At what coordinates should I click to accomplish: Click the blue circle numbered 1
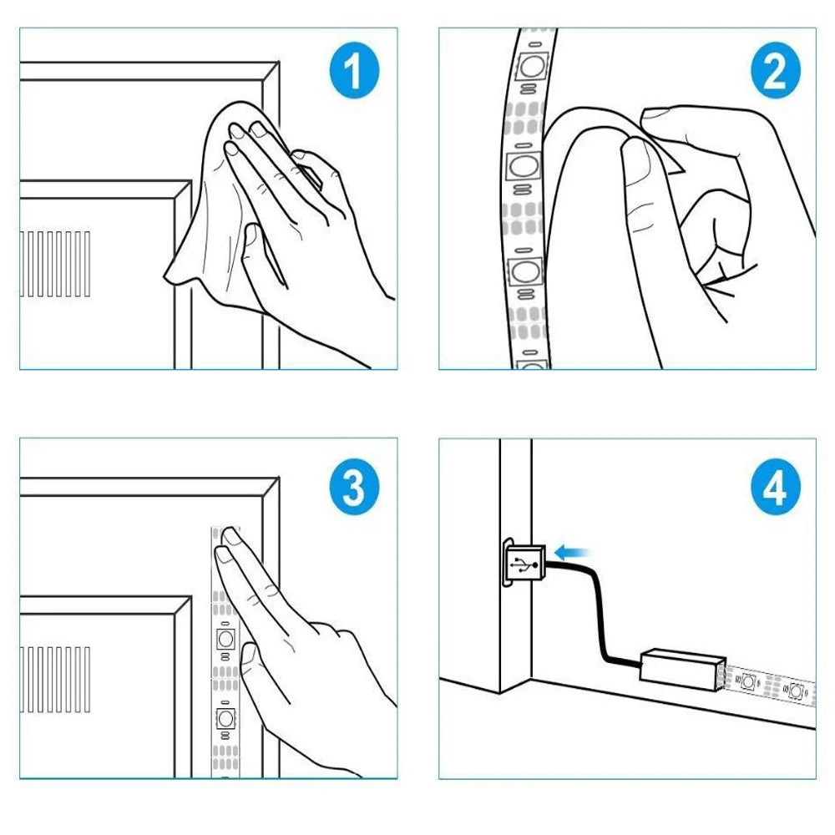click(354, 70)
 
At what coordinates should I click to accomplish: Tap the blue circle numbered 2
click(776, 70)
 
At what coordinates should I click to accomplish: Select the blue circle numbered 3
click(354, 486)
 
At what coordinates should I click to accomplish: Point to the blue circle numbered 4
click(776, 486)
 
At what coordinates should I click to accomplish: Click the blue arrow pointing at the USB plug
click(571, 553)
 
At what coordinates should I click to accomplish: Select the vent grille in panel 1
click(55, 264)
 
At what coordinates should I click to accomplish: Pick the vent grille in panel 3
click(55, 680)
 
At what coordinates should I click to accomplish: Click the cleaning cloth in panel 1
click(213, 213)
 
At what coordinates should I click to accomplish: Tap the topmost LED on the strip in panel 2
click(531, 66)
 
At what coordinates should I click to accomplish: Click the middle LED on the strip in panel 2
click(523, 167)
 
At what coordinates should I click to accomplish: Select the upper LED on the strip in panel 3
click(225, 638)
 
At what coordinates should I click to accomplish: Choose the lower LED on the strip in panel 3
click(225, 718)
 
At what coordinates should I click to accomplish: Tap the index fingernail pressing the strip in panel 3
click(231, 535)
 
